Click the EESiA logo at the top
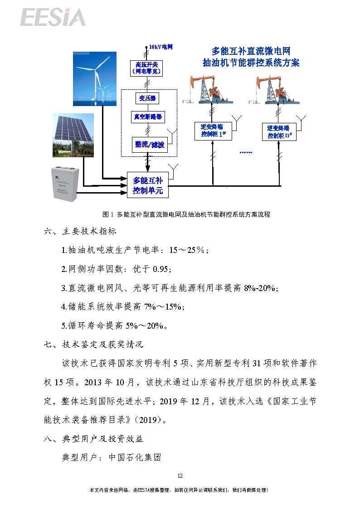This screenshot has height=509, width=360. (x=53, y=17)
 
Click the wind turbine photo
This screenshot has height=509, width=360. (x=95, y=78)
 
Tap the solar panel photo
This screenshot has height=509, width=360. (x=73, y=135)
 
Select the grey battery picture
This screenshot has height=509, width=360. (x=65, y=184)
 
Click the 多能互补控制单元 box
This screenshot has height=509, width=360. (x=148, y=185)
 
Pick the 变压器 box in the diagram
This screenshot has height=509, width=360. (x=147, y=98)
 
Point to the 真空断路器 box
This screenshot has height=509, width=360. (x=148, y=117)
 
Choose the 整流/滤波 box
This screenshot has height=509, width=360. (x=150, y=145)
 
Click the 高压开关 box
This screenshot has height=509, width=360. (x=146, y=68)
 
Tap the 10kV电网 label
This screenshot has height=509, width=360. (x=161, y=47)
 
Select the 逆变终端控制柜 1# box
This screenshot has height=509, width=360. (x=213, y=131)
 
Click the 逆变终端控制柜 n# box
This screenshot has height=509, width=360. (x=279, y=132)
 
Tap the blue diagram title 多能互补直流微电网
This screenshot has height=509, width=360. (x=251, y=51)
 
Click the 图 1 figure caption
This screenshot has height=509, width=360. (x=186, y=214)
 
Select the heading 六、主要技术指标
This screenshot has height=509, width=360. (x=80, y=231)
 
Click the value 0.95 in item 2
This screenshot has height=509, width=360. (x=161, y=269)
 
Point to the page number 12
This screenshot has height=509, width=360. (x=180, y=475)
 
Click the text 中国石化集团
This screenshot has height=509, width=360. (x=135, y=457)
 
